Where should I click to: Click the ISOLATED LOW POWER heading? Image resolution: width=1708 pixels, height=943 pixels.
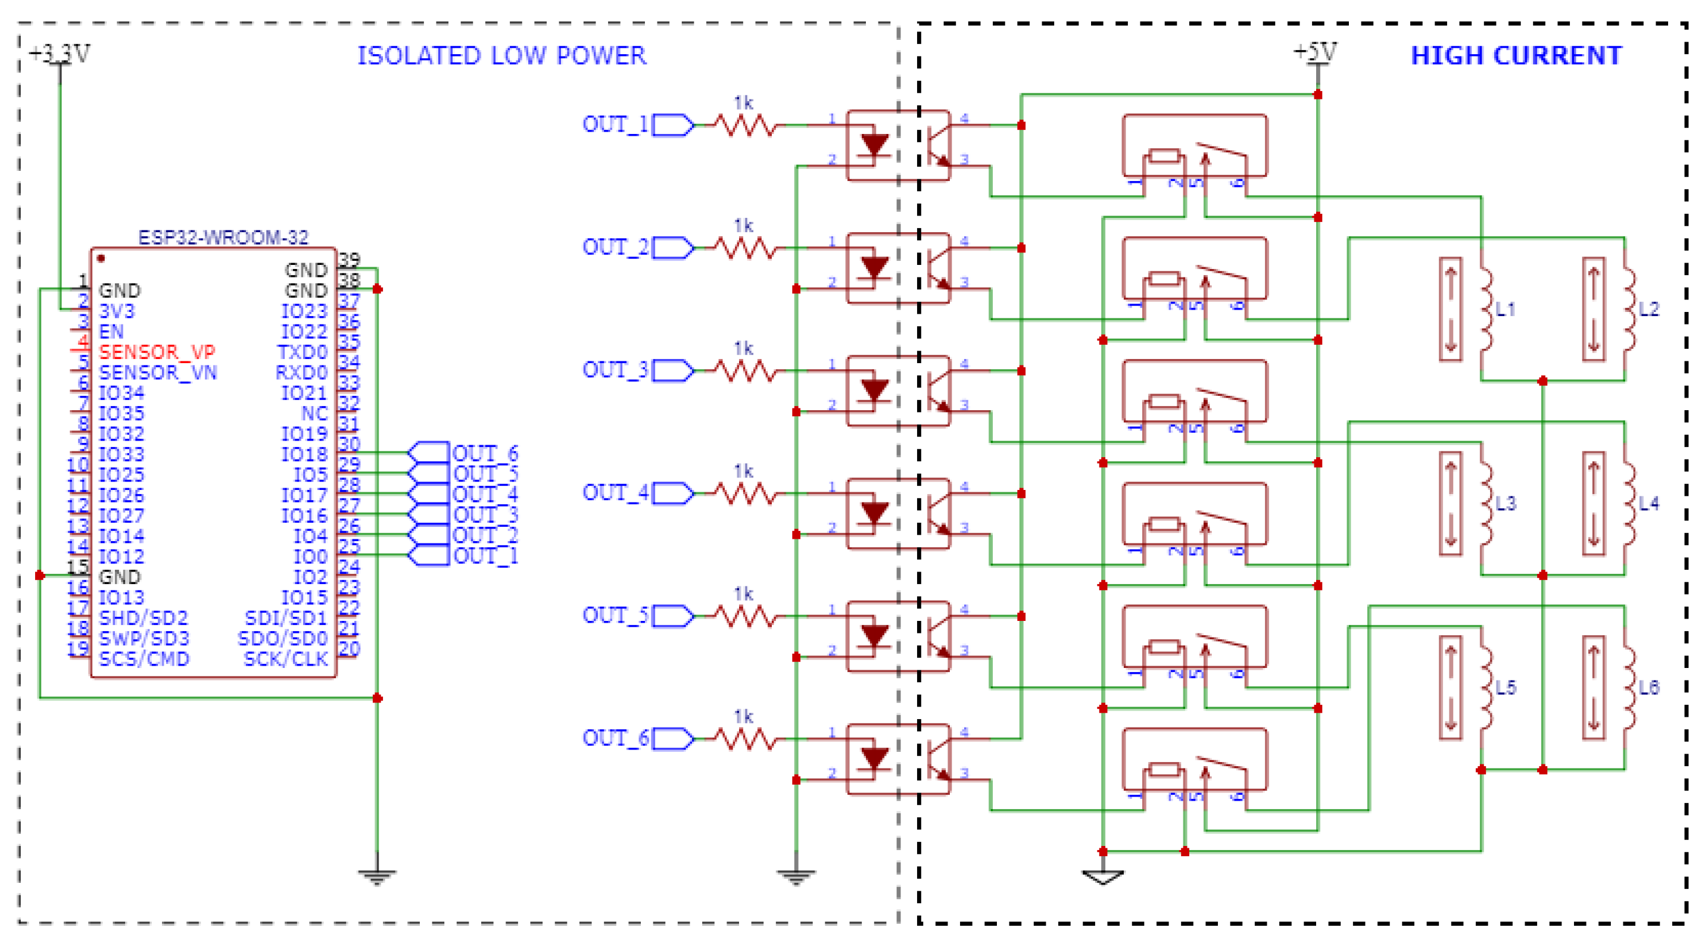tap(501, 56)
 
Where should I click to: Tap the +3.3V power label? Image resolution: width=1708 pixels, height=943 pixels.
tap(60, 53)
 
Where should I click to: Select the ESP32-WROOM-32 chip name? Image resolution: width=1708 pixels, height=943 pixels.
tap(223, 238)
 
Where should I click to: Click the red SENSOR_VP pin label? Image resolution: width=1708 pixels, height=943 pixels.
tap(157, 352)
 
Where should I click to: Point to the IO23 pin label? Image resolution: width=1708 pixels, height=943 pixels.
tap(304, 311)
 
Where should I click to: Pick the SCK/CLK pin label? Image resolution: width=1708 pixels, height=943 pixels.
tap(286, 658)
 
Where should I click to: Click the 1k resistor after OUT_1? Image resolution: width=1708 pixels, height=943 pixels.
tap(744, 124)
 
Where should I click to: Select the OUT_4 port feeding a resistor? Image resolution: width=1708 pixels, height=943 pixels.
tap(672, 494)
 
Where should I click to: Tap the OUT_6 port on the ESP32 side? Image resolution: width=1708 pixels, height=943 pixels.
tap(428, 452)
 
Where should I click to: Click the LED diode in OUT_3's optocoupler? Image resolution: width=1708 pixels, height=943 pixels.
tap(873, 391)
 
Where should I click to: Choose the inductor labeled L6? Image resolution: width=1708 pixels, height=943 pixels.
tap(1630, 687)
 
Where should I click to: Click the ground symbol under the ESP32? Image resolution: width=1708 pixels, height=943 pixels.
tap(376, 876)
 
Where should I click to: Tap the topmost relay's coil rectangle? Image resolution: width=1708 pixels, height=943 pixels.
tap(1164, 157)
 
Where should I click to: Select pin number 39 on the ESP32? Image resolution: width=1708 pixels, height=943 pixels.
tap(350, 258)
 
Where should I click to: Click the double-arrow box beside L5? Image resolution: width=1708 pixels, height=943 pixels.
tap(1450, 687)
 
